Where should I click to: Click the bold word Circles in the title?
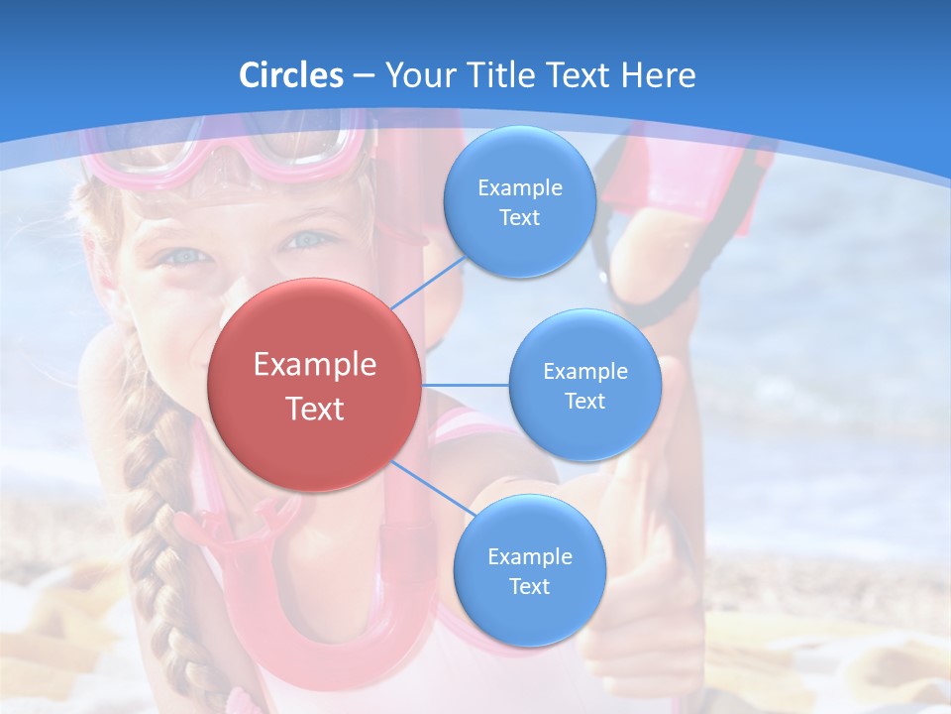[290, 75]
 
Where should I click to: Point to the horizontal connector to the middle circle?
[466, 385]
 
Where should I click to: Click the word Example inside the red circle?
[315, 365]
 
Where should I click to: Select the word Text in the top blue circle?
[519, 218]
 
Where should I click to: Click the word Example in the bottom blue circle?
[529, 557]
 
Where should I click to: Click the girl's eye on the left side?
[186, 256]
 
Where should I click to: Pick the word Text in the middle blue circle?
[584, 401]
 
